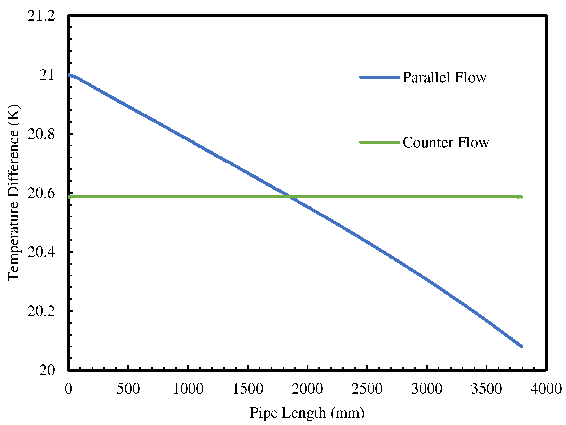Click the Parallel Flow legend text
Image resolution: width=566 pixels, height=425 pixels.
click(444, 77)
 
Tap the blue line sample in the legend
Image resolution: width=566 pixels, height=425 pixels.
click(379, 77)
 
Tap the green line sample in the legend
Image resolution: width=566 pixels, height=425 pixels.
click(379, 142)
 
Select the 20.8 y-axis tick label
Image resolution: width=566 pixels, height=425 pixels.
click(41, 134)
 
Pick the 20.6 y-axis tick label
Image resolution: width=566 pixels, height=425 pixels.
click(41, 193)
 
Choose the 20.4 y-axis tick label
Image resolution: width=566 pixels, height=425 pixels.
click(41, 252)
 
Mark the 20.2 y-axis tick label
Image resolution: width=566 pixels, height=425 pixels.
click(41, 311)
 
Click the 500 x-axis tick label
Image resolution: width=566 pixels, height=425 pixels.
click(128, 389)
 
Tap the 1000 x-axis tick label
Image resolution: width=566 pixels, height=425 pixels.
click(188, 389)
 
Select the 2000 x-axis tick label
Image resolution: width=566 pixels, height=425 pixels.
click(307, 389)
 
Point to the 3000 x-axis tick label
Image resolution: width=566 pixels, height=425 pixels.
click(426, 389)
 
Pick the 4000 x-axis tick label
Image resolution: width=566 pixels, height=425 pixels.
click(546, 389)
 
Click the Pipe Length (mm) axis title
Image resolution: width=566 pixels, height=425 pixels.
click(307, 413)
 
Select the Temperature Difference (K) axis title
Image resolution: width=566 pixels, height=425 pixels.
click(13, 193)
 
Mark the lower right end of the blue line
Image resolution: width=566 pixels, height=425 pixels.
click(522, 346)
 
